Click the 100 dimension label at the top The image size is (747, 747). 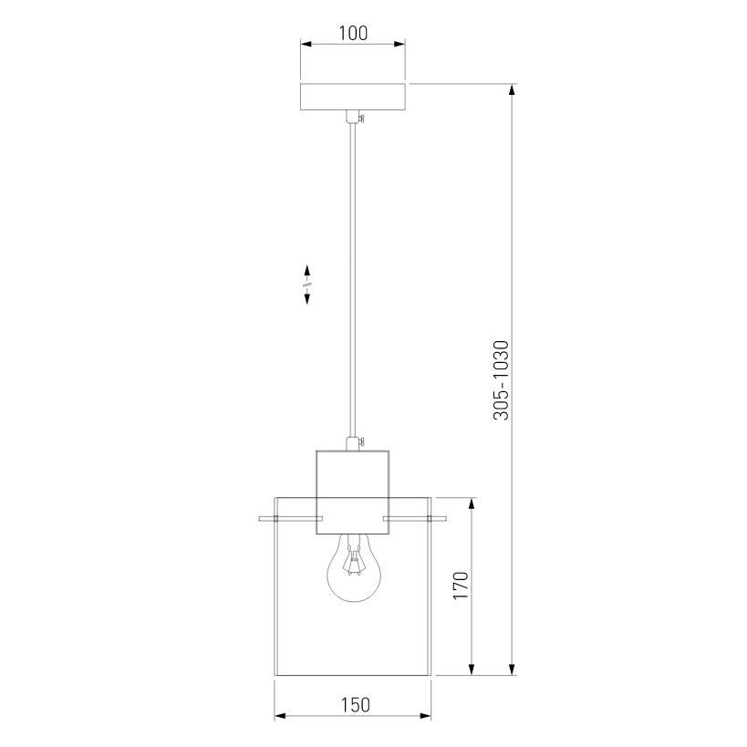click(353, 33)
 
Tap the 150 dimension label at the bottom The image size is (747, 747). click(355, 705)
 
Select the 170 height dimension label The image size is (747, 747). click(461, 586)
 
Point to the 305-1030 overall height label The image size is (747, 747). click(501, 380)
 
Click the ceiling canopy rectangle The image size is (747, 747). click(353, 97)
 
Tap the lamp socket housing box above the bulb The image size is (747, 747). click(353, 493)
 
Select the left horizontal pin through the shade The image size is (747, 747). click(291, 518)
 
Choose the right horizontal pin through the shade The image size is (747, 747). click(414, 518)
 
